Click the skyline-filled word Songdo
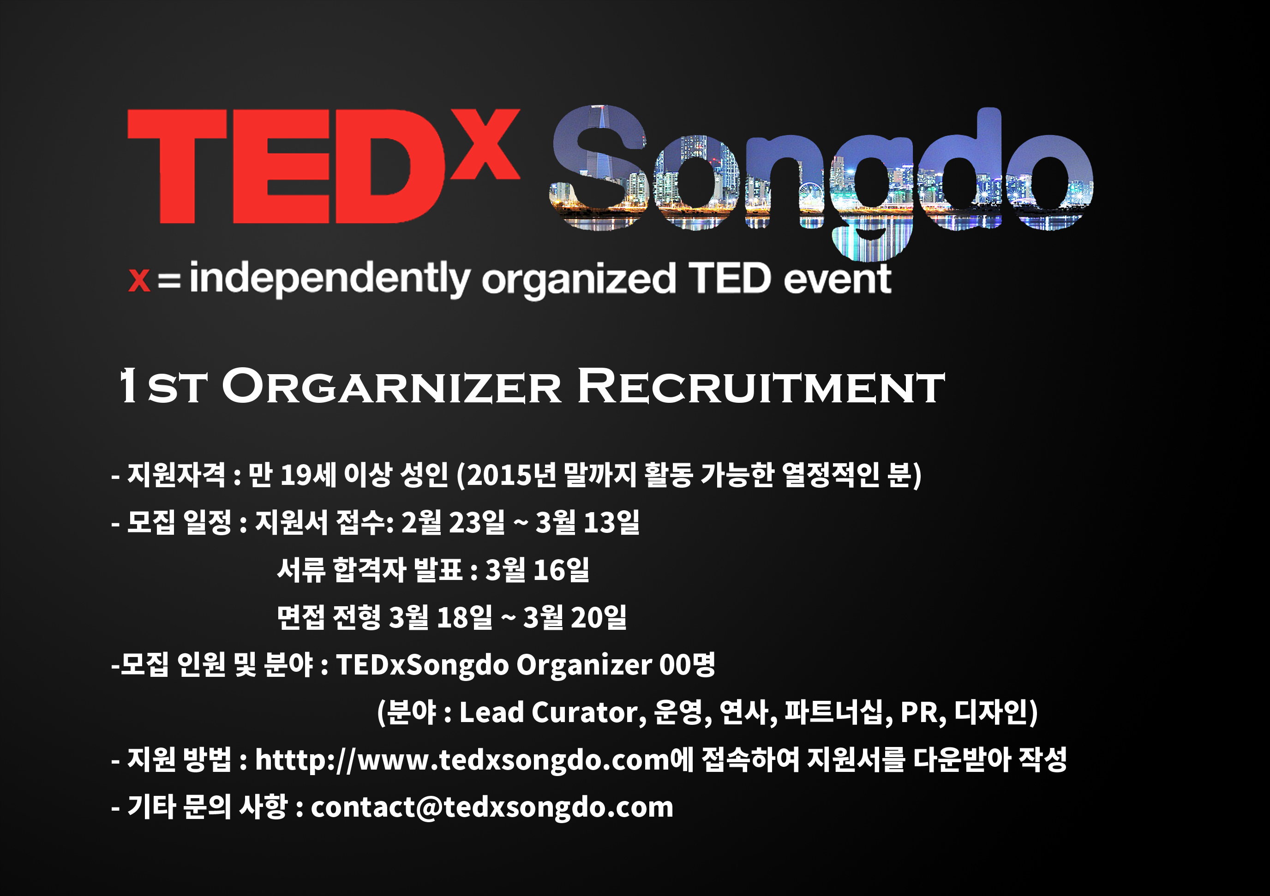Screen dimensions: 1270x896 821,183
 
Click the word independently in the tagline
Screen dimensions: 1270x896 329,279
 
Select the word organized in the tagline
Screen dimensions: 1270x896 579,281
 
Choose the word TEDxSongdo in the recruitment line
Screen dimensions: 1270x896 423,665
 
